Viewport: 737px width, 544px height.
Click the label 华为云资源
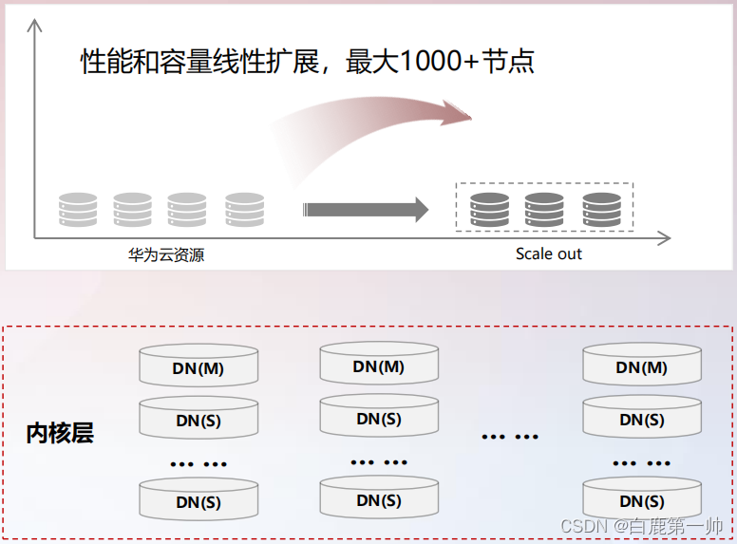click(166, 254)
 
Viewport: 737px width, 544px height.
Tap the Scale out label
click(548, 253)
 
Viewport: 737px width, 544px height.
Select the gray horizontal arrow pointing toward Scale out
click(366, 209)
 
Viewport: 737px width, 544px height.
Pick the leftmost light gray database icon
click(77, 209)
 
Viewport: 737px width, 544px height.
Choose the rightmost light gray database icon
click(244, 209)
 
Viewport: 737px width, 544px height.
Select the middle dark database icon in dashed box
click(544, 209)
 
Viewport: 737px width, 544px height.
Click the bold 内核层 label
click(60, 434)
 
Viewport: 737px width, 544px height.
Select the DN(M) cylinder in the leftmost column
click(198, 367)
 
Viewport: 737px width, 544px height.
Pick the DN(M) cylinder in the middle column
click(379, 366)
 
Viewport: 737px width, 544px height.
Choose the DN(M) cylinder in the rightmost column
click(641, 366)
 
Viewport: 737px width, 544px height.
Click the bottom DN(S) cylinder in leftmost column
click(198, 501)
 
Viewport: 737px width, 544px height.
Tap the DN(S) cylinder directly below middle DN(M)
click(379, 418)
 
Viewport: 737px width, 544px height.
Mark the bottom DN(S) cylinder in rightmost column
click(641, 500)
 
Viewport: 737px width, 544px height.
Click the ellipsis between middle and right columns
click(510, 437)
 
